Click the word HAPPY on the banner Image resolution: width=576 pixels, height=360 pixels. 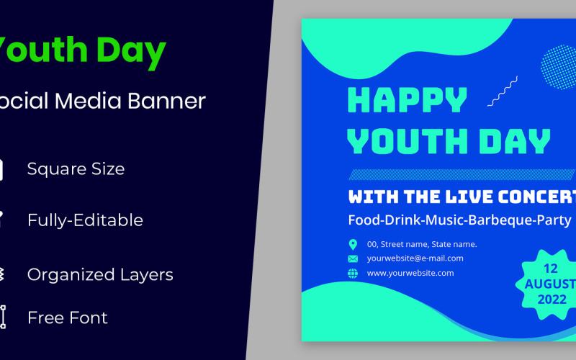tap(408, 101)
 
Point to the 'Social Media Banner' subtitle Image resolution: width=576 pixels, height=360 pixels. tap(101, 101)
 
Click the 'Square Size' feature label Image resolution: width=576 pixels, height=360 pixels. tap(76, 168)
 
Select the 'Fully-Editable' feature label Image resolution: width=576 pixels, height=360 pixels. tap(85, 220)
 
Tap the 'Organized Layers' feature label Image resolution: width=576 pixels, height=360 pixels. tap(100, 274)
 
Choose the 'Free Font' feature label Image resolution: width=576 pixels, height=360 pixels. tap(67, 318)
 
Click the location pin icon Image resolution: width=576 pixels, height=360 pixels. tap(353, 244)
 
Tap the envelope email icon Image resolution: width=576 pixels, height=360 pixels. tap(353, 258)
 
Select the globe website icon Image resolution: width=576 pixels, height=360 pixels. tap(353, 273)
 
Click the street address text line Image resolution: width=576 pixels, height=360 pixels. tap(422, 244)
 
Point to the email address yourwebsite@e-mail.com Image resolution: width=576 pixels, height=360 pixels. tap(415, 258)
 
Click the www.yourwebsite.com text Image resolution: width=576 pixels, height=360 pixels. tap(410, 273)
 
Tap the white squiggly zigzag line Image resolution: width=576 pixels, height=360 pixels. tap(503, 91)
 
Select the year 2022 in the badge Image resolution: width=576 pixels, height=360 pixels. tap(552, 299)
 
